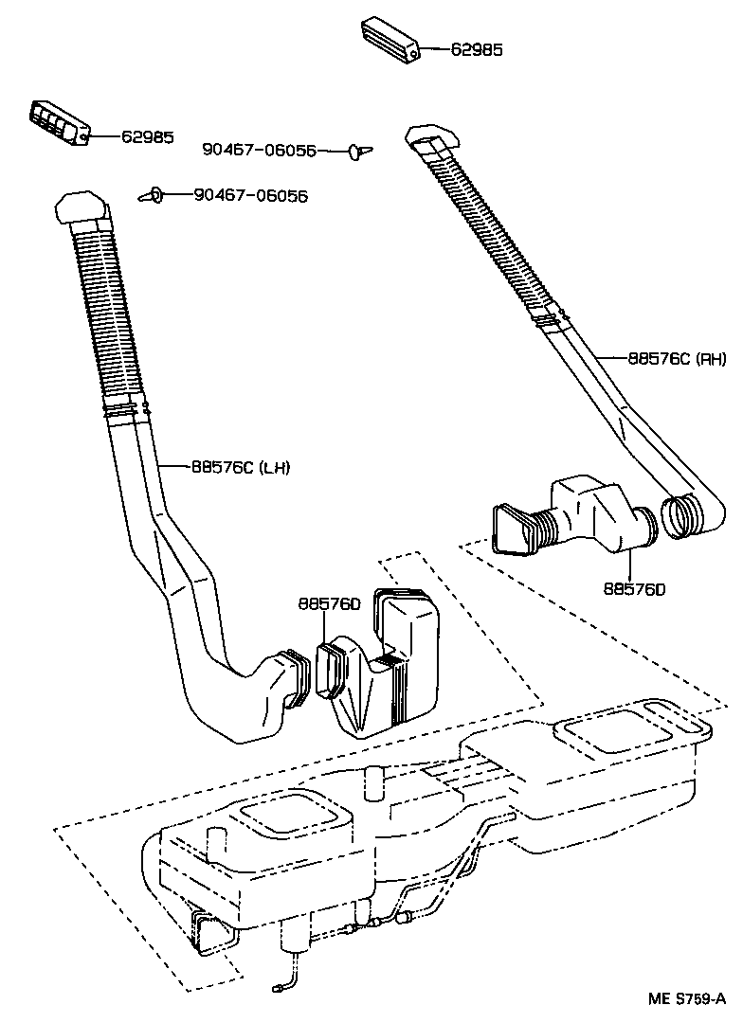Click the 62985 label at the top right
coord(476,49)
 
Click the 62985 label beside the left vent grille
coord(147,136)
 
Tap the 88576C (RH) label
coord(677,358)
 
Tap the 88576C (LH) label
coord(241,466)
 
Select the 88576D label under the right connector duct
coord(635,588)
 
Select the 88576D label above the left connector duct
coord(329,603)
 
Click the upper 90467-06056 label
coord(259,150)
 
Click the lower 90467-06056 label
coord(250,195)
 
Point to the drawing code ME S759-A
coord(687,999)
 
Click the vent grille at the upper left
coord(58,122)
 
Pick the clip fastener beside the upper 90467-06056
coord(359,150)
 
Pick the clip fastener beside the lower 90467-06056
coord(152,195)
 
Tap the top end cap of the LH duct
coord(84,206)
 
